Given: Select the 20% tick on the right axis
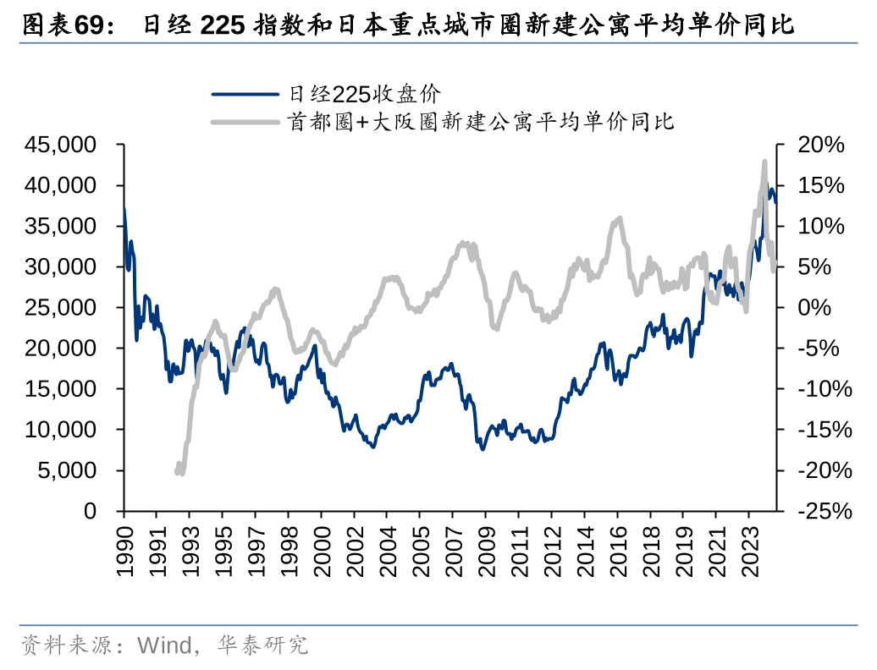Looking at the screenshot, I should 821,145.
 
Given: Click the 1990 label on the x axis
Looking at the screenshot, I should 124,552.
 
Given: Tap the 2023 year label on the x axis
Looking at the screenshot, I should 747,552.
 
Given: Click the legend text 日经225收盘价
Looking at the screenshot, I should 362,94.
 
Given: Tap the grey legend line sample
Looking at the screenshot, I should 245,122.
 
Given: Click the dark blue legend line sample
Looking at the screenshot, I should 245,94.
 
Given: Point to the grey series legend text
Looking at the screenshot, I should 480,122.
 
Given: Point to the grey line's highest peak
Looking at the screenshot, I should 764,162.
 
